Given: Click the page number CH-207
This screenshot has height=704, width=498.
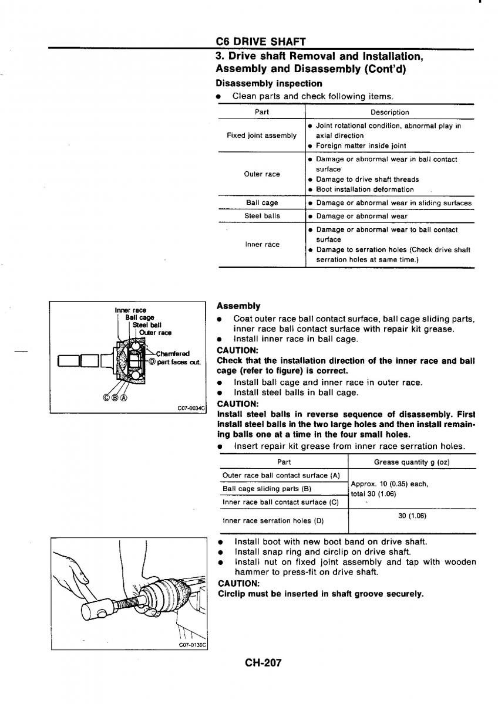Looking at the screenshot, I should coord(264,662).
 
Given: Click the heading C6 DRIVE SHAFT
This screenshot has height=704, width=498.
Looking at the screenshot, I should coord(261,42).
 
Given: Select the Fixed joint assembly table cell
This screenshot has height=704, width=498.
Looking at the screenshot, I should coord(261,136).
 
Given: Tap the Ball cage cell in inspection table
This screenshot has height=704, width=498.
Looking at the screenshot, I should coord(261,203).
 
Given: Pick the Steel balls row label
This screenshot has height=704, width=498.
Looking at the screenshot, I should coord(261,216).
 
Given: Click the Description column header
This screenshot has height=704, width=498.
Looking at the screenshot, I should coord(389,112).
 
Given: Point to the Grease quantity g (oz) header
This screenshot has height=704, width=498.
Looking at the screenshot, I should coord(412,462).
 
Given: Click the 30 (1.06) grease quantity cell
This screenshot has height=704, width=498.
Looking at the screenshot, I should coord(412,516).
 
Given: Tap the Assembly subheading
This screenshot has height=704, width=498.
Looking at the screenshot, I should coord(238,306).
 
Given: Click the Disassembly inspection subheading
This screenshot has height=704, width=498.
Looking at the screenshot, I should coord(269,83).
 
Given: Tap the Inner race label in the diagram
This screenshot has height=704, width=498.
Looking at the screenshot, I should coord(130,310).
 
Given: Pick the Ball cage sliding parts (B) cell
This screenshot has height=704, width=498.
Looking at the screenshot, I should coord(267,489).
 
